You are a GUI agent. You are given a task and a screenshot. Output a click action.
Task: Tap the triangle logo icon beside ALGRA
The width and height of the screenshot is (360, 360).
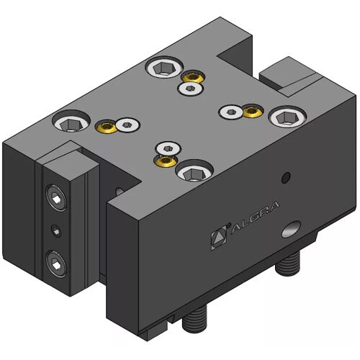click(219, 238)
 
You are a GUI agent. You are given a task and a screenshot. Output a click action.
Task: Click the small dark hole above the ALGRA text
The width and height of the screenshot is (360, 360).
click(286, 178)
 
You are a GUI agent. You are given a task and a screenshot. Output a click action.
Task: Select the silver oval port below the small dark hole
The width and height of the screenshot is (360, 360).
click(292, 229)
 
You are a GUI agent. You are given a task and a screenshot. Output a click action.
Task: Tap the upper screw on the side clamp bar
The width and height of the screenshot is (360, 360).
click(56, 198)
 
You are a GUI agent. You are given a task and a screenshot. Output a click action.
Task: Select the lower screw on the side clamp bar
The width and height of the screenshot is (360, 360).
click(56, 264)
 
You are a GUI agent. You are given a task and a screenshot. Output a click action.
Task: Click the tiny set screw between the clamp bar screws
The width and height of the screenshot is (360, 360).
click(56, 231)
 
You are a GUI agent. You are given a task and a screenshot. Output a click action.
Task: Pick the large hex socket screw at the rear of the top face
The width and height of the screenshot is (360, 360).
click(164, 67)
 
